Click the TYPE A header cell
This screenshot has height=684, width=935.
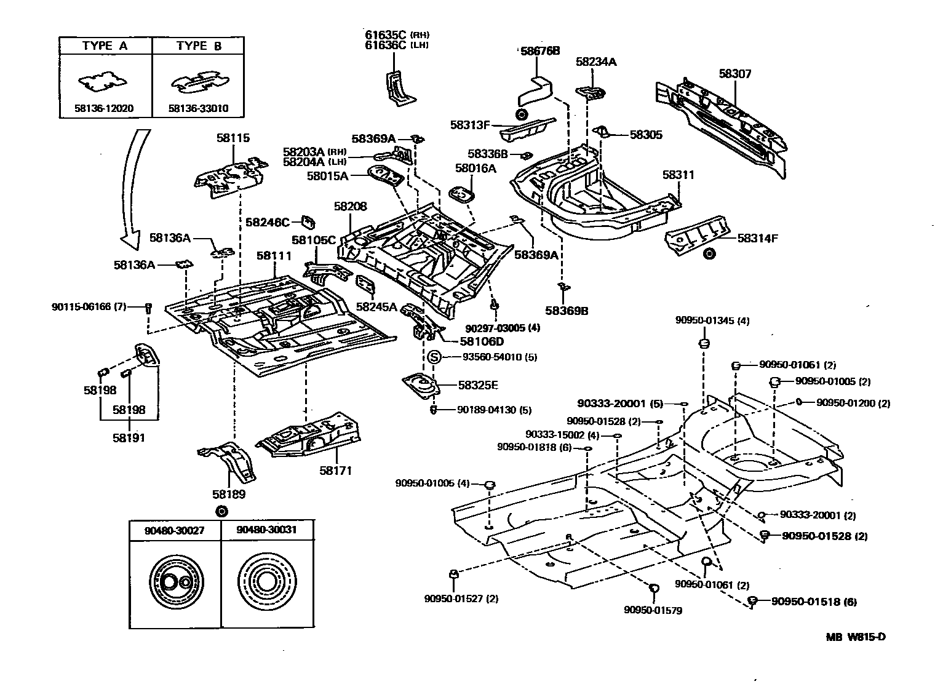point(105,46)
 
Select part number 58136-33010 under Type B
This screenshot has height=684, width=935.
point(198,109)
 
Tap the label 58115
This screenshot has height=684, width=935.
point(233,138)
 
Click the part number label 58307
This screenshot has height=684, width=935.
point(735,74)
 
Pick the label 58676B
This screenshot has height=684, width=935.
point(540,51)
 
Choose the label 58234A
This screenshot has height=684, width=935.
point(596,62)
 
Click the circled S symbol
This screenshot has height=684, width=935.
point(434,357)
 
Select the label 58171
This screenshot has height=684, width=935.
point(335,471)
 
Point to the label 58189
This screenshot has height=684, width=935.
point(229,494)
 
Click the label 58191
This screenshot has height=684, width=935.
point(129,438)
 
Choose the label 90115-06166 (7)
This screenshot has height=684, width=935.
point(89,306)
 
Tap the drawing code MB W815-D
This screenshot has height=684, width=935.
point(856,637)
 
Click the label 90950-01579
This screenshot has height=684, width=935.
point(653,610)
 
